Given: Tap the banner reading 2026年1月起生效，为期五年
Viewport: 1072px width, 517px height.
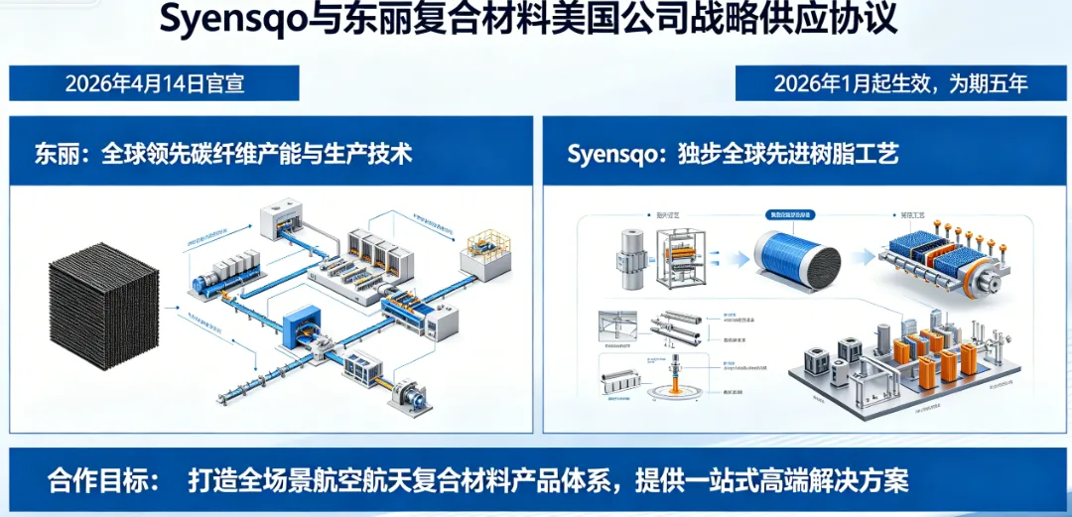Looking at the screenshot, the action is (x=901, y=82).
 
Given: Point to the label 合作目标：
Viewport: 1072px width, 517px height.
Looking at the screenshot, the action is (x=103, y=481).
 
